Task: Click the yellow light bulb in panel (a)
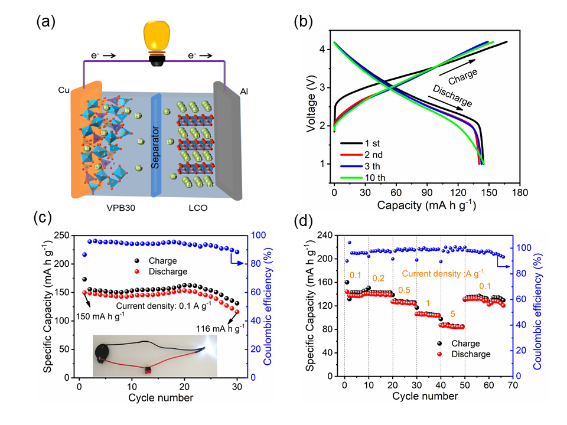157,37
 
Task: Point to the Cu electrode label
64,89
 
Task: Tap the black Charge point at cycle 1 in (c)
84,279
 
